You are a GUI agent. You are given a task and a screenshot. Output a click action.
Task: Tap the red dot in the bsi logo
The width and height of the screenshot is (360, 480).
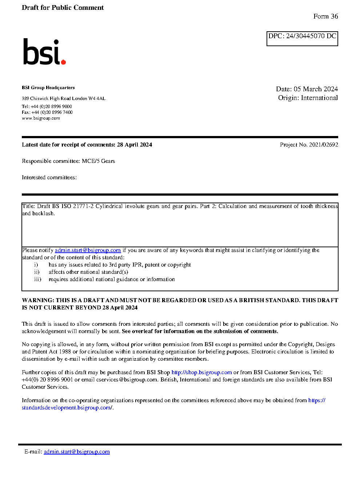click(63, 62)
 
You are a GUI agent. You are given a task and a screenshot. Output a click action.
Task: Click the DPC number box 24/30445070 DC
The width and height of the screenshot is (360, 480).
click(302, 38)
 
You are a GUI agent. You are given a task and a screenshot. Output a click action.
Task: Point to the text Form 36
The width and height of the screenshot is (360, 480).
click(325, 16)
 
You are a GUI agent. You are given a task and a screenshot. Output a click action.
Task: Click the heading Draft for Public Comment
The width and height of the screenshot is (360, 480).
click(63, 8)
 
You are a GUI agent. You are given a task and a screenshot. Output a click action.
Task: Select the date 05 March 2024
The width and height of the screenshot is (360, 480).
click(316, 89)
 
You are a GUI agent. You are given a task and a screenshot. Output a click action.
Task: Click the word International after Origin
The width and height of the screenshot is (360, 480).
click(319, 98)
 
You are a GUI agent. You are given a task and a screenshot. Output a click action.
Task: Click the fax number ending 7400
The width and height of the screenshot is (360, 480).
click(52, 112)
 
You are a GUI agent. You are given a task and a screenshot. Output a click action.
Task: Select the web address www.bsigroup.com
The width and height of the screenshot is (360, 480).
click(41, 118)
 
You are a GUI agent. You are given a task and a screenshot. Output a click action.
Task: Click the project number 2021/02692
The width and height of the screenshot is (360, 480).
click(323, 145)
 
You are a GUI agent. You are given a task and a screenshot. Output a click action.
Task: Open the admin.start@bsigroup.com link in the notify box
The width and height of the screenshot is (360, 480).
click(88, 250)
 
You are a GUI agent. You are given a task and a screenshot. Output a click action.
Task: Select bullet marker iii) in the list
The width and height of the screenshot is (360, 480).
click(38, 279)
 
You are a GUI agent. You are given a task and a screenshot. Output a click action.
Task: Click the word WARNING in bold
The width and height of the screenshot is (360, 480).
click(38, 300)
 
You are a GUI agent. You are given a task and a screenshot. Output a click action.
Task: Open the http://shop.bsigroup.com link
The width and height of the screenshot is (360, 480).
click(201, 372)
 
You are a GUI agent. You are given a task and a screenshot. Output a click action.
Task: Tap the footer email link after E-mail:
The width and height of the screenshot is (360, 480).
click(77, 452)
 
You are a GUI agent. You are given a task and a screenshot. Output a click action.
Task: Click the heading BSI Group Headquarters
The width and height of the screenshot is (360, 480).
click(48, 88)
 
